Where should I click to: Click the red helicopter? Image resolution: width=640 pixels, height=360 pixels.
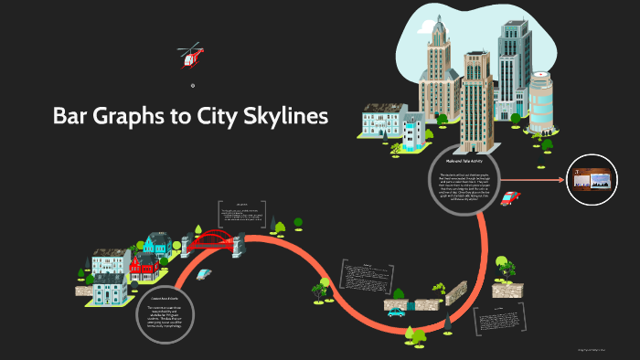coord(191,56)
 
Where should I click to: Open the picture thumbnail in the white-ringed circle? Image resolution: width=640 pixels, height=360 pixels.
coord(590,176)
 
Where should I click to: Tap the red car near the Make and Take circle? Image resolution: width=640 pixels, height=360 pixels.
coord(509,198)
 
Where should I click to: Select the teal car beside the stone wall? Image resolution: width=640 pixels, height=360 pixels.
coord(396,312)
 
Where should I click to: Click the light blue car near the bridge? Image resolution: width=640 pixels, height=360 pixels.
coord(203,273)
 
